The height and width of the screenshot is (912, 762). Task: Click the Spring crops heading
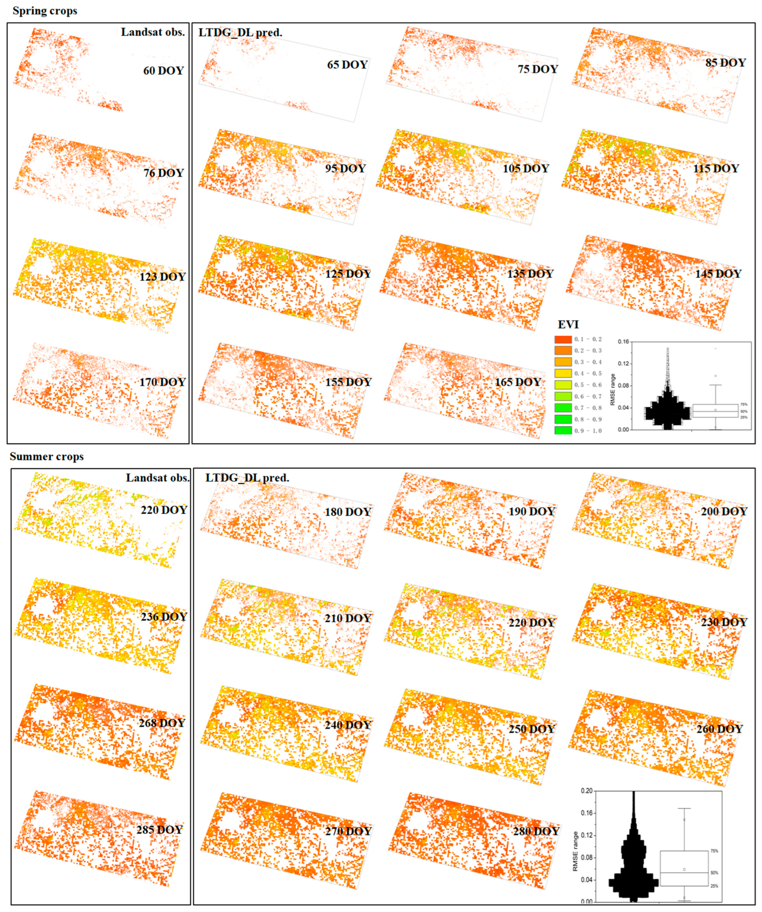45,11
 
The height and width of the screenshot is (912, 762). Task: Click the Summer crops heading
47,456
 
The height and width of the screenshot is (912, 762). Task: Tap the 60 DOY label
163,71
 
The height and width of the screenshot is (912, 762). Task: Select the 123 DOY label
162,277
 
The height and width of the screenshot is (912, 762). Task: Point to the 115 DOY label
715,168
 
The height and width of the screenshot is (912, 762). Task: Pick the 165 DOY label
518,382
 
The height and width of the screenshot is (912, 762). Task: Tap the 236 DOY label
163,617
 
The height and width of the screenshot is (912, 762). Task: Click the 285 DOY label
159,830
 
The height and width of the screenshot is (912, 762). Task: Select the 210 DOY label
347,618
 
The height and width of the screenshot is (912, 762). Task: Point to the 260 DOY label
719,729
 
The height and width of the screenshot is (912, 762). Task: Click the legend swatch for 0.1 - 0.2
563,339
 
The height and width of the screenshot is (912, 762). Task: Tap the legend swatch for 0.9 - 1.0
563,430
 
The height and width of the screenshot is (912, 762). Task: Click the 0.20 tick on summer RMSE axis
586,791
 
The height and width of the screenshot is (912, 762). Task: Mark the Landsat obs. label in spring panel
153,32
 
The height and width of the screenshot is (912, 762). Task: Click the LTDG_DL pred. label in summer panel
247,478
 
